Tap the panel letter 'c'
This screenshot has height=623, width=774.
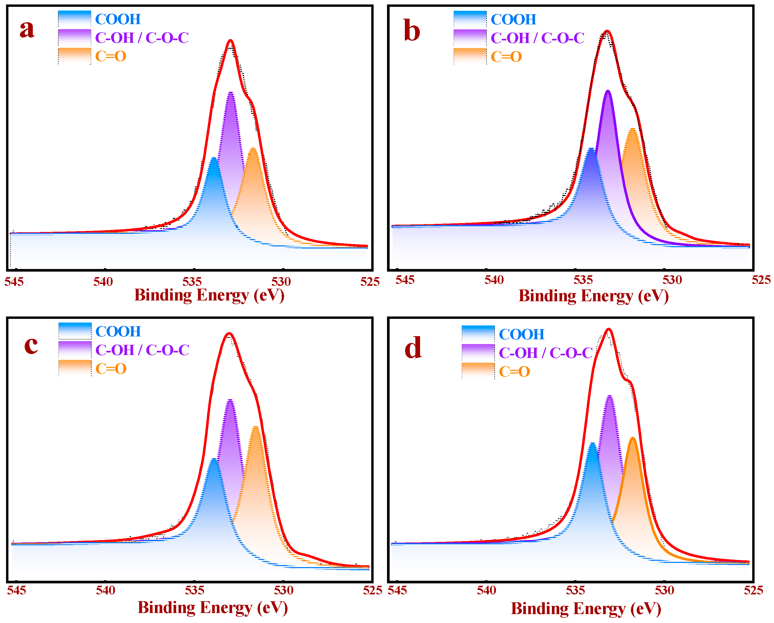click(31, 345)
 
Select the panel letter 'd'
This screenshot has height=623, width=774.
click(413, 348)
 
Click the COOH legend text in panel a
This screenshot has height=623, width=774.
click(118, 19)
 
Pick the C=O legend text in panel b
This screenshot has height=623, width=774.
click(506, 57)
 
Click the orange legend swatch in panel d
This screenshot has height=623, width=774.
click(478, 371)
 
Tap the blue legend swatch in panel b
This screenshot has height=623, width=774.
click(469, 19)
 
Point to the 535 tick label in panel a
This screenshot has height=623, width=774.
click(192, 282)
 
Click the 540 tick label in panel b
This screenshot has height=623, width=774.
click(494, 280)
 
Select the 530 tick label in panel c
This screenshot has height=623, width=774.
click(284, 590)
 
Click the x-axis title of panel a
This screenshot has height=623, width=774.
click(209, 295)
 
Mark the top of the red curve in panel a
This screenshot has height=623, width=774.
click(231, 41)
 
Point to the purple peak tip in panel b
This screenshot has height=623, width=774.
click(608, 91)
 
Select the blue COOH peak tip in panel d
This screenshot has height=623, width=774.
click(592, 444)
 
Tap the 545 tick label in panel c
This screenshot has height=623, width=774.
click(17, 590)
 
